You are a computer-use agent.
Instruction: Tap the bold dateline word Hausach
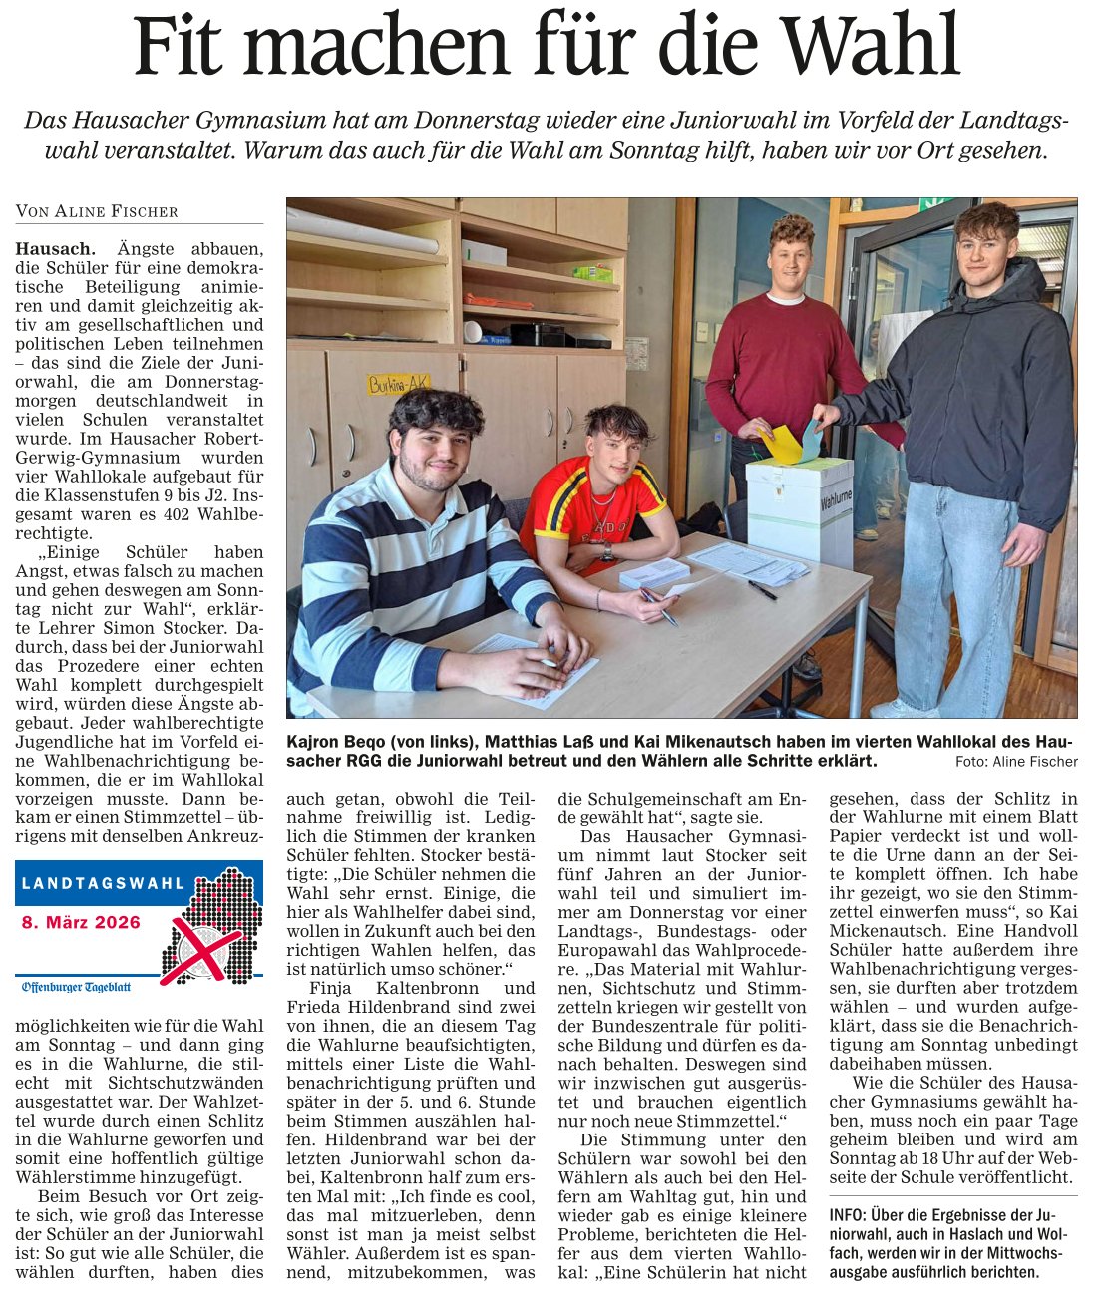coord(55,249)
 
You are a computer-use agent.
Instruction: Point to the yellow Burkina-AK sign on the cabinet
coord(399,383)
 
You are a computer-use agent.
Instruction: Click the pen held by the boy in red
coord(658,604)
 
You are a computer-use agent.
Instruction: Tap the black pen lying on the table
coord(762,589)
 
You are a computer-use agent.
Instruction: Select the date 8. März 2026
coord(82,922)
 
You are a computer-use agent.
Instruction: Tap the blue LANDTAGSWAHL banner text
coord(104,883)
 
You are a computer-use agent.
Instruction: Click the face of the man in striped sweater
coord(434,445)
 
